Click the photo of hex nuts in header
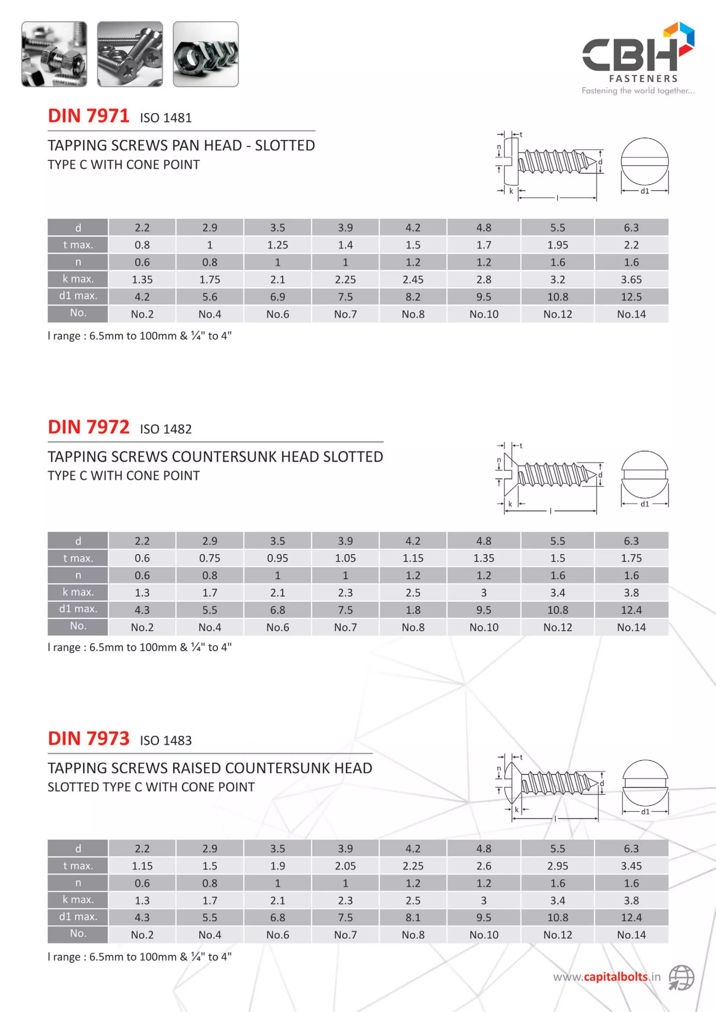tap(206, 54)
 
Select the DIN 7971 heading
tap(88, 116)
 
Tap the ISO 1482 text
tap(166, 429)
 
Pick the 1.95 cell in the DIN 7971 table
tap(557, 245)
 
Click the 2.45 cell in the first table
tap(413, 279)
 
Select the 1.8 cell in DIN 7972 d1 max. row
tap(413, 610)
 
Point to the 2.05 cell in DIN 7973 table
tap(345, 866)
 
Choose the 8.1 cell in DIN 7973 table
tap(413, 917)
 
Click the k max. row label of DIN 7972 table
tap(78, 592)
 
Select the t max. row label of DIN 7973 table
tap(78, 866)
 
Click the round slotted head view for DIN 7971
tap(645, 161)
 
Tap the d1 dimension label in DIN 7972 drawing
tap(645, 504)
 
